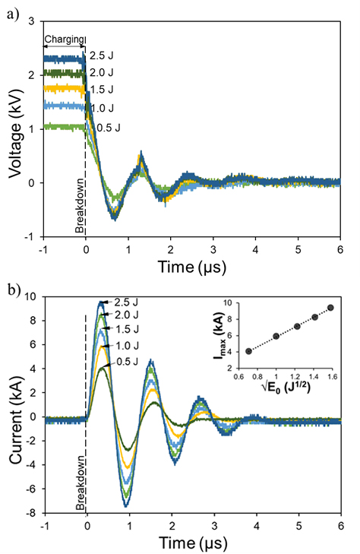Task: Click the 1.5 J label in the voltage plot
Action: point(103,91)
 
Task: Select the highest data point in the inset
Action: point(330,308)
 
